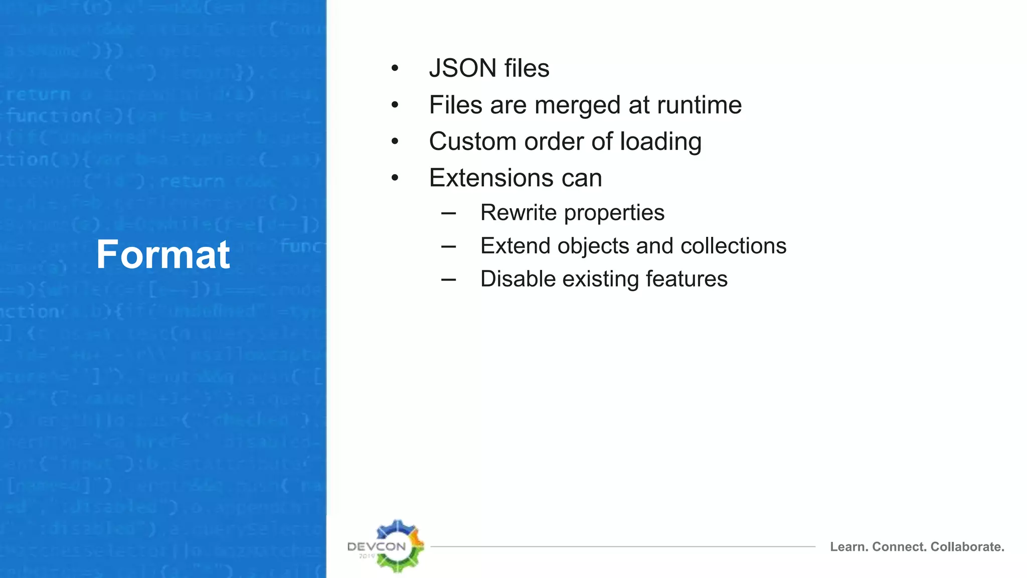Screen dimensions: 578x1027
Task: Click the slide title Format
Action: tap(163, 254)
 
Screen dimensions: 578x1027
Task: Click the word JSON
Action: tap(462, 68)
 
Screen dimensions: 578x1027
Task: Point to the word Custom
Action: tap(473, 141)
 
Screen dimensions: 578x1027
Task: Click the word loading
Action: tap(660, 142)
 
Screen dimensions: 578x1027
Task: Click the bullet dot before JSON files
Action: tap(395, 68)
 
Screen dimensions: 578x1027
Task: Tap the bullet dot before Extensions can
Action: tap(395, 178)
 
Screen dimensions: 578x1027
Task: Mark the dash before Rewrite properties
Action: tap(449, 213)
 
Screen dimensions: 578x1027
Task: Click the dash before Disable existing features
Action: tap(449, 279)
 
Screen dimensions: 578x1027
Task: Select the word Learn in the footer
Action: tap(849, 547)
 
